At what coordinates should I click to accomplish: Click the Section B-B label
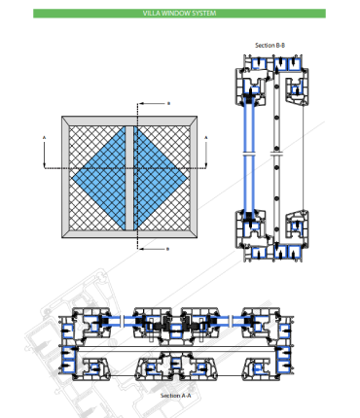270,46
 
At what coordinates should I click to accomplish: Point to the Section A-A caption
176,396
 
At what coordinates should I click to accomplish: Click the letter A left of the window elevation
45,138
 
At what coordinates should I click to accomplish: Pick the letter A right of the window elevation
205,138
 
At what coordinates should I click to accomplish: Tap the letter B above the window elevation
168,104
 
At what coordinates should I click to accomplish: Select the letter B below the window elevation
168,249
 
